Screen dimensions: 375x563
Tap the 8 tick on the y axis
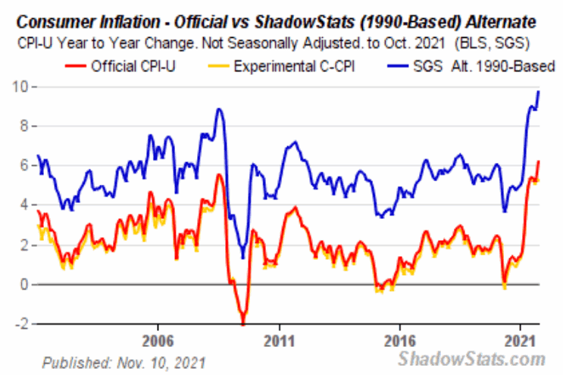(x=25, y=127)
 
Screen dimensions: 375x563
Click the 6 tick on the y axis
(x=25, y=166)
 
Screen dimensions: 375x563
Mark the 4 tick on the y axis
(x=25, y=205)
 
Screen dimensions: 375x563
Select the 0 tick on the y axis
(x=25, y=285)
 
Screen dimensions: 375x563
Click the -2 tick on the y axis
(x=23, y=324)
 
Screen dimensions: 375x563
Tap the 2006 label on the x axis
(x=157, y=339)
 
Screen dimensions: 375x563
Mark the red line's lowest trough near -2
(x=242, y=323)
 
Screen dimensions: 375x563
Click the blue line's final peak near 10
(x=538, y=92)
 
